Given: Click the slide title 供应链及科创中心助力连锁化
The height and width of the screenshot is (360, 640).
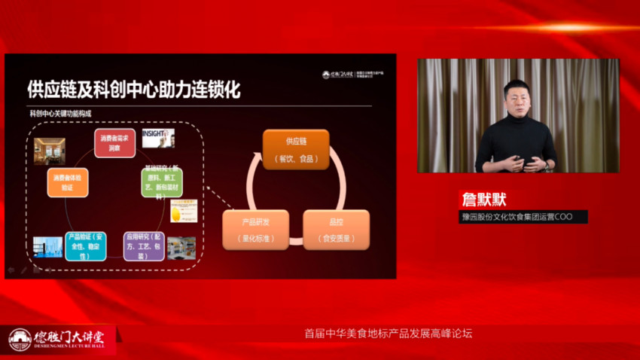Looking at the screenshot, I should point(133,90).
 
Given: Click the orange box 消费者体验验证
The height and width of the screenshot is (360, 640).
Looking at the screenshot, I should point(68,182).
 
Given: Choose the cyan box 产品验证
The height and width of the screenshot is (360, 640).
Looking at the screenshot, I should point(85,246).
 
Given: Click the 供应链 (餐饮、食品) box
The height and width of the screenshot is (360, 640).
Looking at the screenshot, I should point(296,148).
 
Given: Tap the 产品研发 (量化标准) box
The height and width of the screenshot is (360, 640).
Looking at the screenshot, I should point(255,229).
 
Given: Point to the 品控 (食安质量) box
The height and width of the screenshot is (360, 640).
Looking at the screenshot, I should point(336,229).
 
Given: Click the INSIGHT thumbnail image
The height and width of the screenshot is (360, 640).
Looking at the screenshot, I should point(159,138).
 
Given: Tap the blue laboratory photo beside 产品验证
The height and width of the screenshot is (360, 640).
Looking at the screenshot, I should point(47,246).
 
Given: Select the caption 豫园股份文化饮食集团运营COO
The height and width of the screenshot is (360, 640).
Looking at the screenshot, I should point(523,217).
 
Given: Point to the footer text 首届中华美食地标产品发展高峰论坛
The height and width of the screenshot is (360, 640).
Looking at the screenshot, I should point(388,333).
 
